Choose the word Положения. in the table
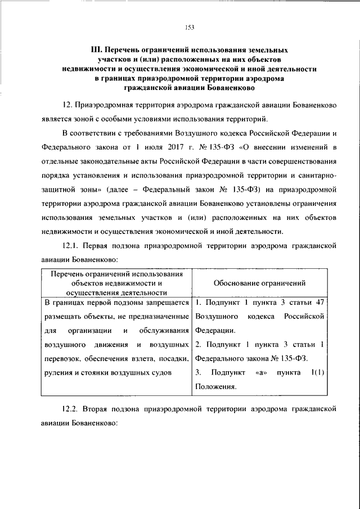point(216,386)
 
